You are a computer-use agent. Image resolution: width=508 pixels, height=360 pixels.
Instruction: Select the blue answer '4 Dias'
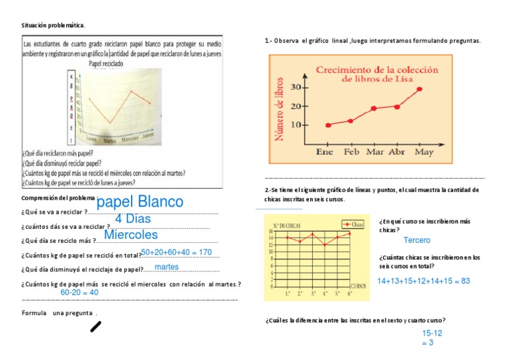(133, 218)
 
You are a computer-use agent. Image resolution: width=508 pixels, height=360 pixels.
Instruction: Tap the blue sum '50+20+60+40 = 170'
(176, 252)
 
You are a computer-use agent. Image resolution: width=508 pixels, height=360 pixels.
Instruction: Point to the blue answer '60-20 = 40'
(79, 292)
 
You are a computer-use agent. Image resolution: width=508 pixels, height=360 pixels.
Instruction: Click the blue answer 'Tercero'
(417, 240)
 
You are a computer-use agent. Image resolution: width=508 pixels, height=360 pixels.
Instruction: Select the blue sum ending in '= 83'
(423, 281)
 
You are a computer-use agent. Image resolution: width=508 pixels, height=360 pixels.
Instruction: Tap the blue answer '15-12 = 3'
(427, 338)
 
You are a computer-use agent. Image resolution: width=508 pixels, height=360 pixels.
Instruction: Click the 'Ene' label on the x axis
(324, 152)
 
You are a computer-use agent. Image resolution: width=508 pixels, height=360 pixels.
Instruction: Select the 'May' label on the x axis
(424, 152)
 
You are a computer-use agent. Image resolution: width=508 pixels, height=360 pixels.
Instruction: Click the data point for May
(419, 89)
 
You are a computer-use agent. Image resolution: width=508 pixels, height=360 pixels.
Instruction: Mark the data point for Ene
(328, 125)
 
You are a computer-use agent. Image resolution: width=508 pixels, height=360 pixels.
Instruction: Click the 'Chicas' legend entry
(355, 225)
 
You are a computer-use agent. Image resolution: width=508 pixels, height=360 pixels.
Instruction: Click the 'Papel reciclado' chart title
(110, 65)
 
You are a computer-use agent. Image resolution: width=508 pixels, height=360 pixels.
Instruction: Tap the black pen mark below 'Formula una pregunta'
(96, 326)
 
